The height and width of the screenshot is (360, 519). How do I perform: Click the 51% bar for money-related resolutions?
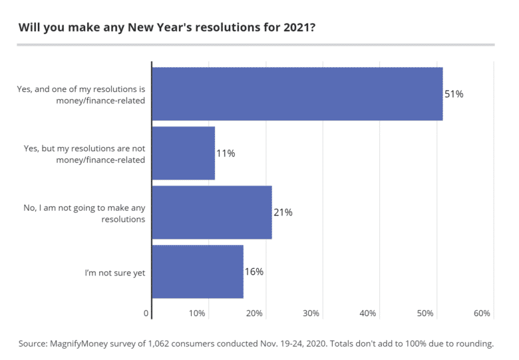click(297, 94)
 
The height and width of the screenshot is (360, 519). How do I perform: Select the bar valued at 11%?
click(184, 153)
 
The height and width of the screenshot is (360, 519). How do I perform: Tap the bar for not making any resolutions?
click(212, 212)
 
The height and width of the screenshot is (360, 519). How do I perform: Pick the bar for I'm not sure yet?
click(198, 271)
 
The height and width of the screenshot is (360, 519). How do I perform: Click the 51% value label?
click(454, 94)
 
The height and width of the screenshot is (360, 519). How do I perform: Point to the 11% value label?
click(226, 154)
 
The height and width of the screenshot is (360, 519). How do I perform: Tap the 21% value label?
click(283, 213)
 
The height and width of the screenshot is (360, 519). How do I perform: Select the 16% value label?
click(254, 271)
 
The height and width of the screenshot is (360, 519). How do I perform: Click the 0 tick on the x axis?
click(146, 313)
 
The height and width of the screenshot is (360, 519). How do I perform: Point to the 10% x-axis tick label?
click(197, 313)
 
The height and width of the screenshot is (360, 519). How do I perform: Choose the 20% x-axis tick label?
click(254, 313)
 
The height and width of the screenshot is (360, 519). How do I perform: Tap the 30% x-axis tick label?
click(311, 313)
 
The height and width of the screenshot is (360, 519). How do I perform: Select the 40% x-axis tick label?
click(368, 313)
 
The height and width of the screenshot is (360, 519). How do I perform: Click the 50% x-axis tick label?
click(425, 313)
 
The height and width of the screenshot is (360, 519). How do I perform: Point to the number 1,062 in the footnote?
click(174, 343)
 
